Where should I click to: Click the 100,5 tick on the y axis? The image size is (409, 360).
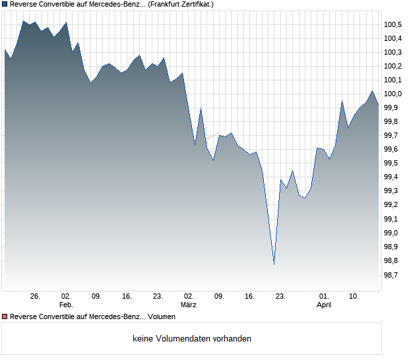tap(394, 24)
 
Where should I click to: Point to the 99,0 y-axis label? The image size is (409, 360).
tap(394, 233)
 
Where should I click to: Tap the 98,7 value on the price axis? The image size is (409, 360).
tap(394, 275)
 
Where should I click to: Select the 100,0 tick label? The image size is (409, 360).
tap(394, 94)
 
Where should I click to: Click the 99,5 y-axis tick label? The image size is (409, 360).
tap(394, 164)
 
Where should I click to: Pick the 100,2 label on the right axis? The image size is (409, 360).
tap(394, 66)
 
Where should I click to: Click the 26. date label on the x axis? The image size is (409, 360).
tap(35, 297)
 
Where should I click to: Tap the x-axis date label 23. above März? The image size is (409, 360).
tap(158, 297)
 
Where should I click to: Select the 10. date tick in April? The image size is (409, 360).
tap(354, 297)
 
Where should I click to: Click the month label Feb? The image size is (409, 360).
tap(66, 305)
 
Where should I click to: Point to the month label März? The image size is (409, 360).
tap(189, 305)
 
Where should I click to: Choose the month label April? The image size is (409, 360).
tap(324, 305)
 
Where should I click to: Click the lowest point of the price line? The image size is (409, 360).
tap(274, 264)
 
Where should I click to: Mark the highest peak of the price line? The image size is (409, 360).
tap(23, 21)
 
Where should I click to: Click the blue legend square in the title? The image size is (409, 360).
tap(5, 4)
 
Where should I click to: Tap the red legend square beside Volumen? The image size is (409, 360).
tap(5, 317)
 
